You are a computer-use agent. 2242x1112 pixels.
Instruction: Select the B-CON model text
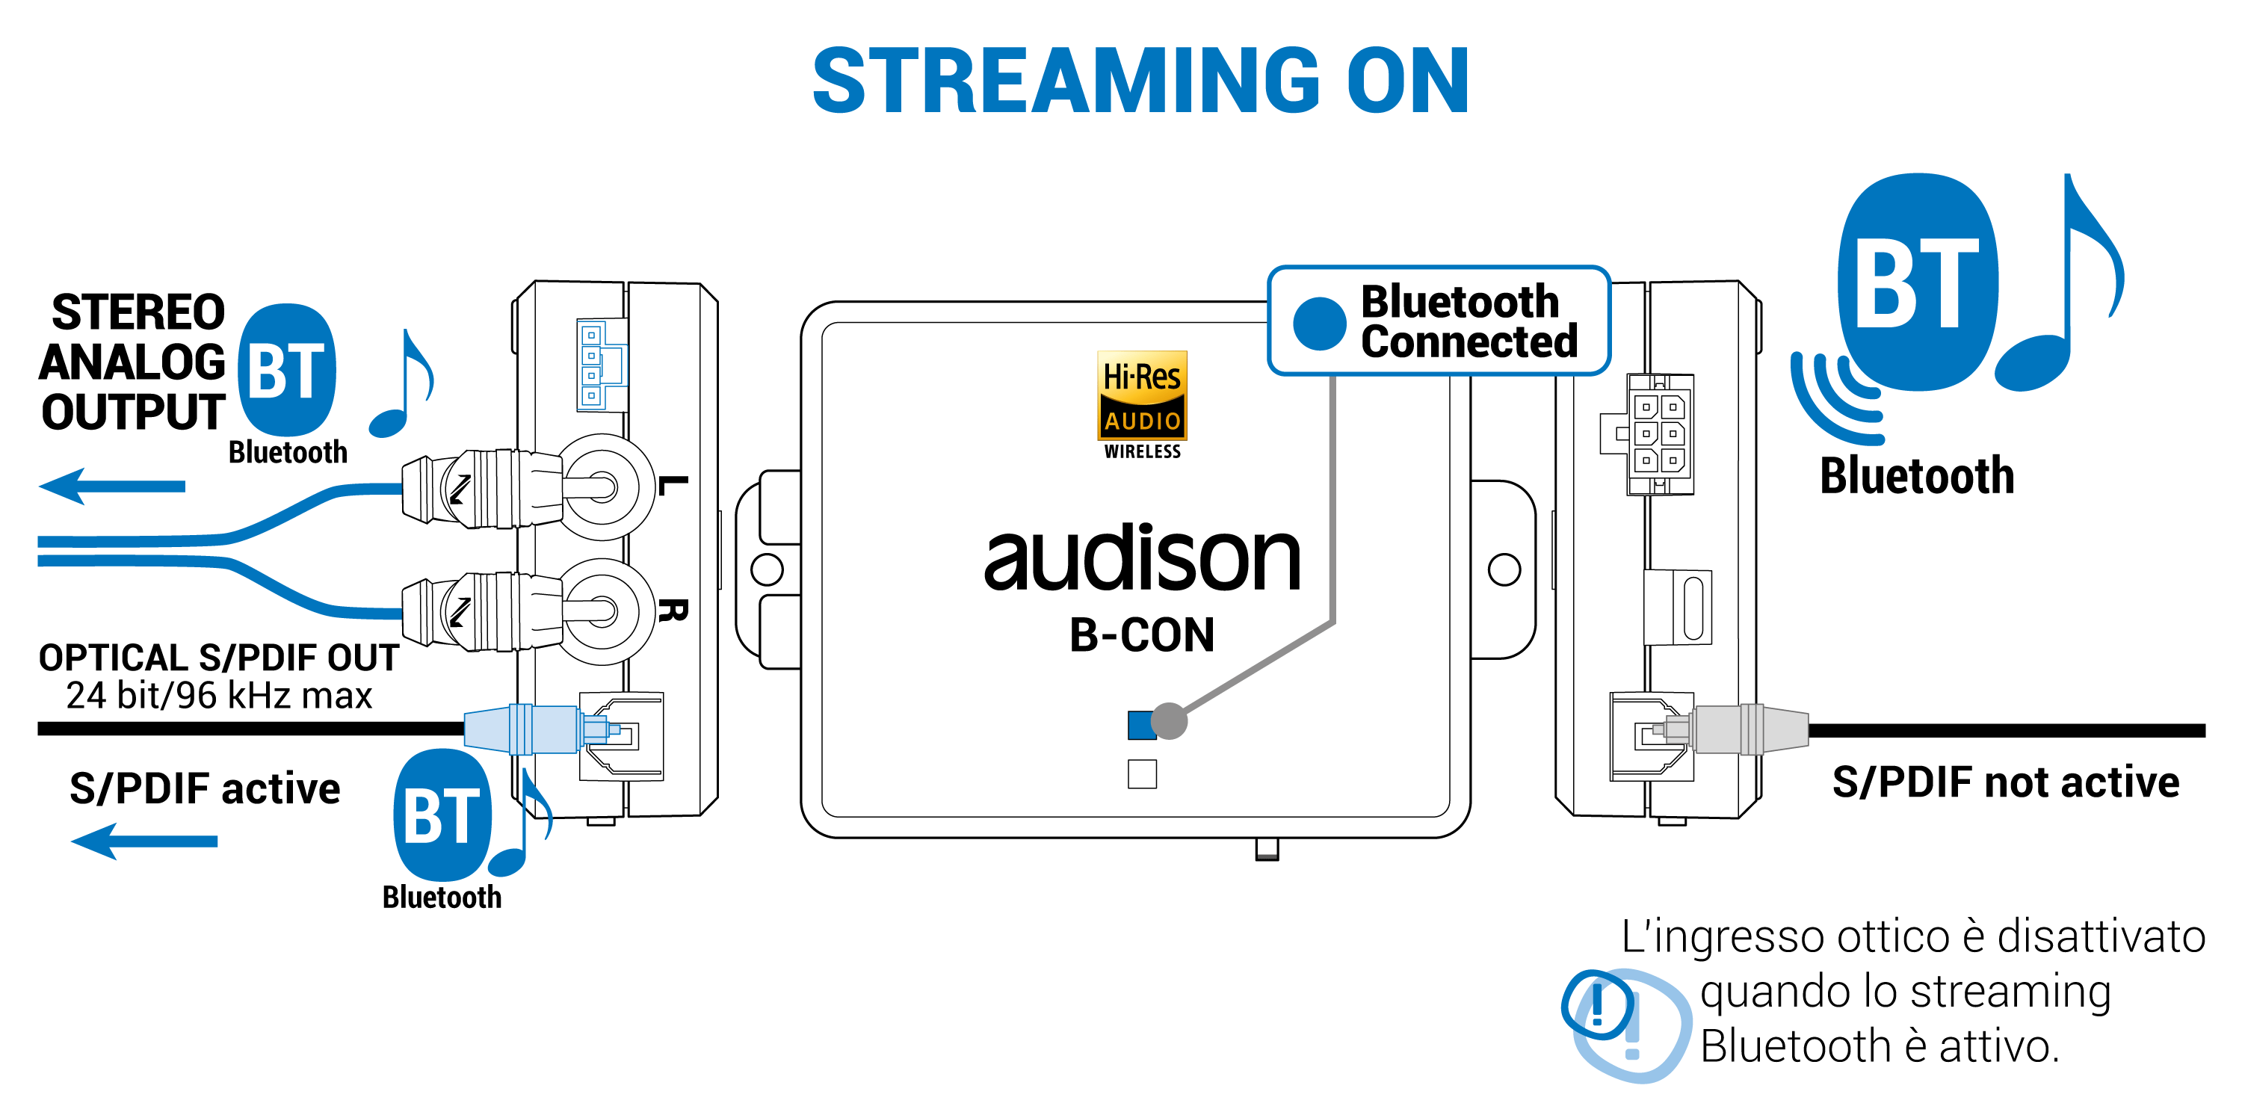tap(1142, 634)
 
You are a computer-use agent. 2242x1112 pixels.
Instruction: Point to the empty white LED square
tap(1142, 773)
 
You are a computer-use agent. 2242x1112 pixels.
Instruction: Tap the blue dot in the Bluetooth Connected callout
tap(1320, 324)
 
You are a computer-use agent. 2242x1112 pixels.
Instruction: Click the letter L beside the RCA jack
tap(672, 486)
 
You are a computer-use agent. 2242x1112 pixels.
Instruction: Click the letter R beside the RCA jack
tap(672, 610)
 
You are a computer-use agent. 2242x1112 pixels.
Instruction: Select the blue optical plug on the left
tap(522, 729)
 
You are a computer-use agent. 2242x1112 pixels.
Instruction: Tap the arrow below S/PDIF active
tap(143, 841)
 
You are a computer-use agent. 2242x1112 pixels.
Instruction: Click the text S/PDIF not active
tap(2005, 782)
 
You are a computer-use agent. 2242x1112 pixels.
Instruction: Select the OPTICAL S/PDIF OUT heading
tap(218, 657)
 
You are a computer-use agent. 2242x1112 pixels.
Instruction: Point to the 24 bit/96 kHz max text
tap(218, 695)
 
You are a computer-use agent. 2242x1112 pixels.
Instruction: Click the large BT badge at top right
tap(1918, 282)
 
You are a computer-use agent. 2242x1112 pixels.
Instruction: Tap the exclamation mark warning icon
tap(1598, 1005)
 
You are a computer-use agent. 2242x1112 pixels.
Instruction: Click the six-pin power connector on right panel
tap(1658, 434)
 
